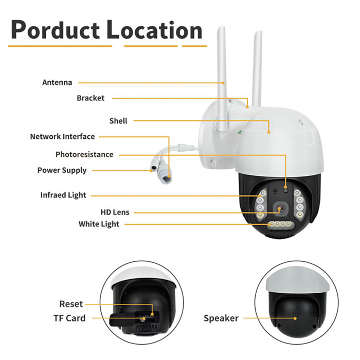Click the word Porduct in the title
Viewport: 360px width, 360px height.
click(56, 30)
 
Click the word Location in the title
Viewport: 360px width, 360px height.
click(154, 29)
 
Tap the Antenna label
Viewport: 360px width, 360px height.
click(57, 82)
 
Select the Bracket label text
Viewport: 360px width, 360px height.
click(91, 98)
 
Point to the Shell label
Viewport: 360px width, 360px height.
click(118, 121)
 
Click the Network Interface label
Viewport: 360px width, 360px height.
click(62, 137)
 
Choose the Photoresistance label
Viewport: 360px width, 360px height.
click(84, 154)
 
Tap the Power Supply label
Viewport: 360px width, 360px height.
click(62, 170)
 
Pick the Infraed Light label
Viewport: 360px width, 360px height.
click(63, 195)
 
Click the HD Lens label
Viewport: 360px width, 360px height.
click(115, 212)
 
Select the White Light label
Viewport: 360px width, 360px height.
click(99, 224)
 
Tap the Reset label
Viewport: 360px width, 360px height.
click(71, 304)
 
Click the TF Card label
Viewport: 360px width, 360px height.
click(69, 318)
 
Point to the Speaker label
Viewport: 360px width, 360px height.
click(221, 318)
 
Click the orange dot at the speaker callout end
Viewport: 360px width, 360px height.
click(295, 318)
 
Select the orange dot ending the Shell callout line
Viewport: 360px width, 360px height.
click(269, 132)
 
